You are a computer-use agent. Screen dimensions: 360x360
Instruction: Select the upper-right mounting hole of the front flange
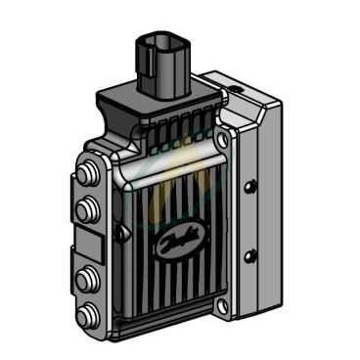(x=223, y=140)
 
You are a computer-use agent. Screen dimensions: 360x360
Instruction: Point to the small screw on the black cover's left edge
(x=119, y=233)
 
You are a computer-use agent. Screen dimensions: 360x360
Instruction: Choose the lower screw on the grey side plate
(x=251, y=255)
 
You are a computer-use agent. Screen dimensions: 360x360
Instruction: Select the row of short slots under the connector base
(x=176, y=133)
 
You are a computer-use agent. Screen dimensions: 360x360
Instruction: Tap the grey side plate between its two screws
(x=252, y=219)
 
